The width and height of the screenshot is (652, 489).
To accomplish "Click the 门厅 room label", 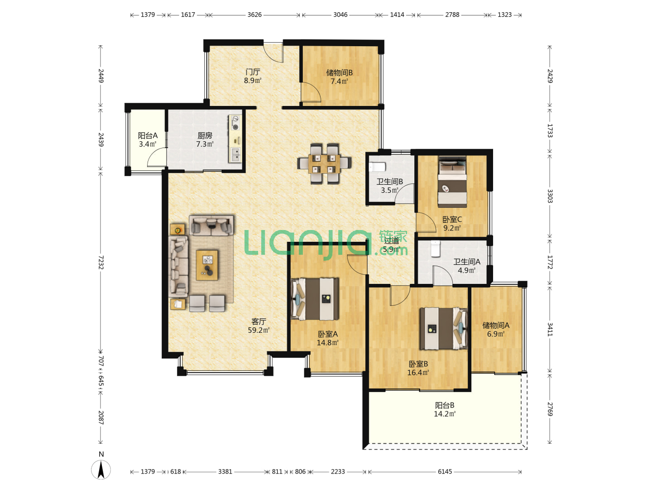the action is (253, 72).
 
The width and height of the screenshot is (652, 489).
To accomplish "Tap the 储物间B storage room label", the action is (339, 73).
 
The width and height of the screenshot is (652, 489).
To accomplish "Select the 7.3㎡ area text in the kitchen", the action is (205, 144).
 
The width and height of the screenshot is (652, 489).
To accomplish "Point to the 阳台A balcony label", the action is (148, 136).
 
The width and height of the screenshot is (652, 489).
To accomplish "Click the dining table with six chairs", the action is (324, 164).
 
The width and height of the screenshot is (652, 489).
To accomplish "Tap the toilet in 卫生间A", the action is (436, 249).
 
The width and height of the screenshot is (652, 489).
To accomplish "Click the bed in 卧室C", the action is (452, 182).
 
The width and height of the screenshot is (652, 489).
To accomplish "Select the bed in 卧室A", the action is (315, 299).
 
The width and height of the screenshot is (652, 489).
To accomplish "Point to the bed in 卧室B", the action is (443, 329).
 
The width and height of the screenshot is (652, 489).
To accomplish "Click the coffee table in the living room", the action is (207, 265).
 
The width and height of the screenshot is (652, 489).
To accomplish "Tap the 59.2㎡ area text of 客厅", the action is (259, 330).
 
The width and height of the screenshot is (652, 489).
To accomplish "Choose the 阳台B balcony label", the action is (444, 405).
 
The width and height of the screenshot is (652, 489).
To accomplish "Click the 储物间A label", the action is (496, 326).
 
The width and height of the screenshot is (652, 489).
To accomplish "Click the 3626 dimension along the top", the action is (254, 14).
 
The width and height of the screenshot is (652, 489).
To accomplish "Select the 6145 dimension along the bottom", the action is (445, 471).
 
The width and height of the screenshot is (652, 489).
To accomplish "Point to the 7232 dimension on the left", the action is (101, 262).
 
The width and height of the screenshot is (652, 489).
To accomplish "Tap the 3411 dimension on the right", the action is (550, 329).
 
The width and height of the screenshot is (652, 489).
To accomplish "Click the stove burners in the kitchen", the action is (235, 123).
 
